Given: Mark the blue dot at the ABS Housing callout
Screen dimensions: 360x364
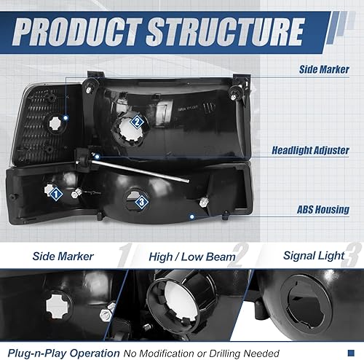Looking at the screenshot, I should pos(192,216).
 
